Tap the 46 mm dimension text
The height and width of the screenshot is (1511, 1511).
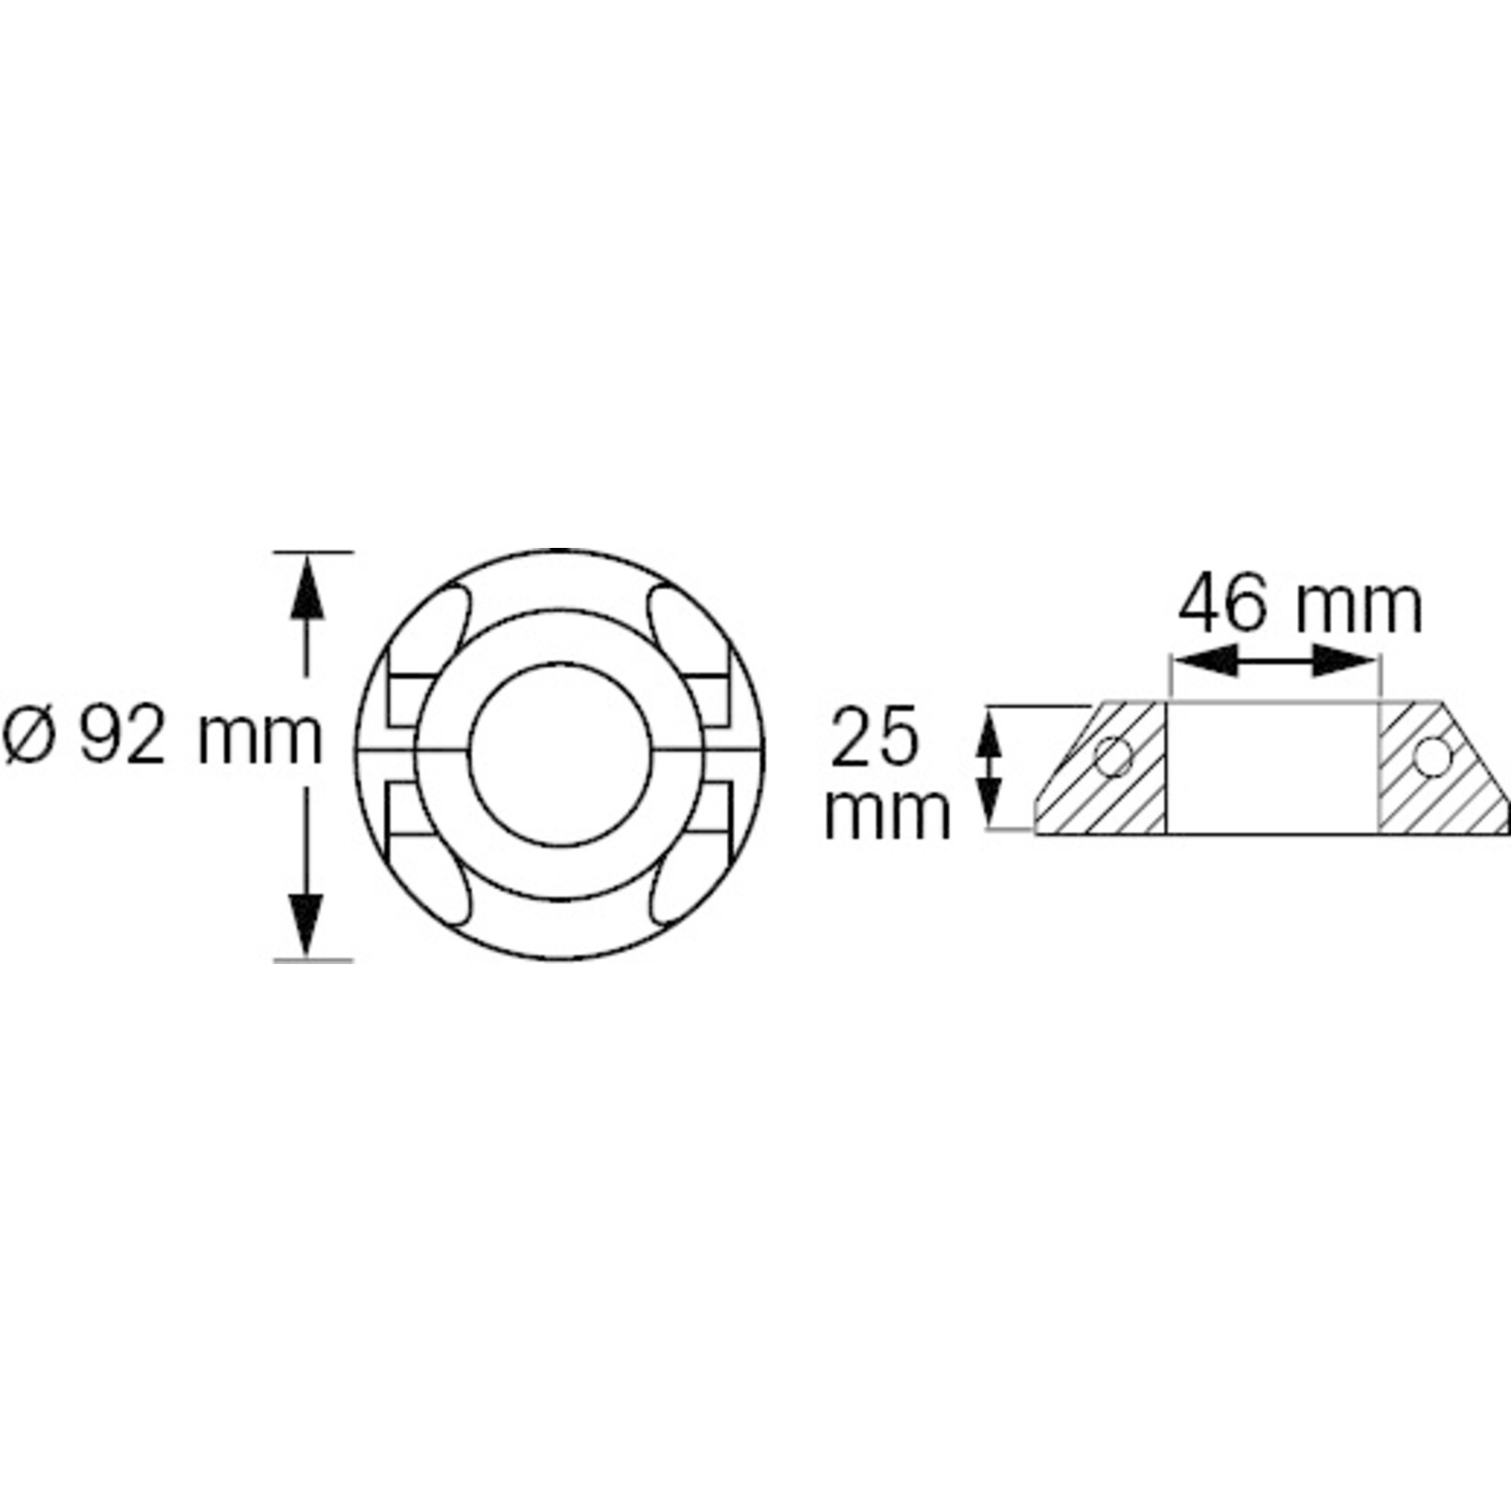(1300, 606)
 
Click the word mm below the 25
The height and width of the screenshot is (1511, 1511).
(887, 813)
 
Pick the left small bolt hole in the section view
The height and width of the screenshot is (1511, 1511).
(1114, 756)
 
